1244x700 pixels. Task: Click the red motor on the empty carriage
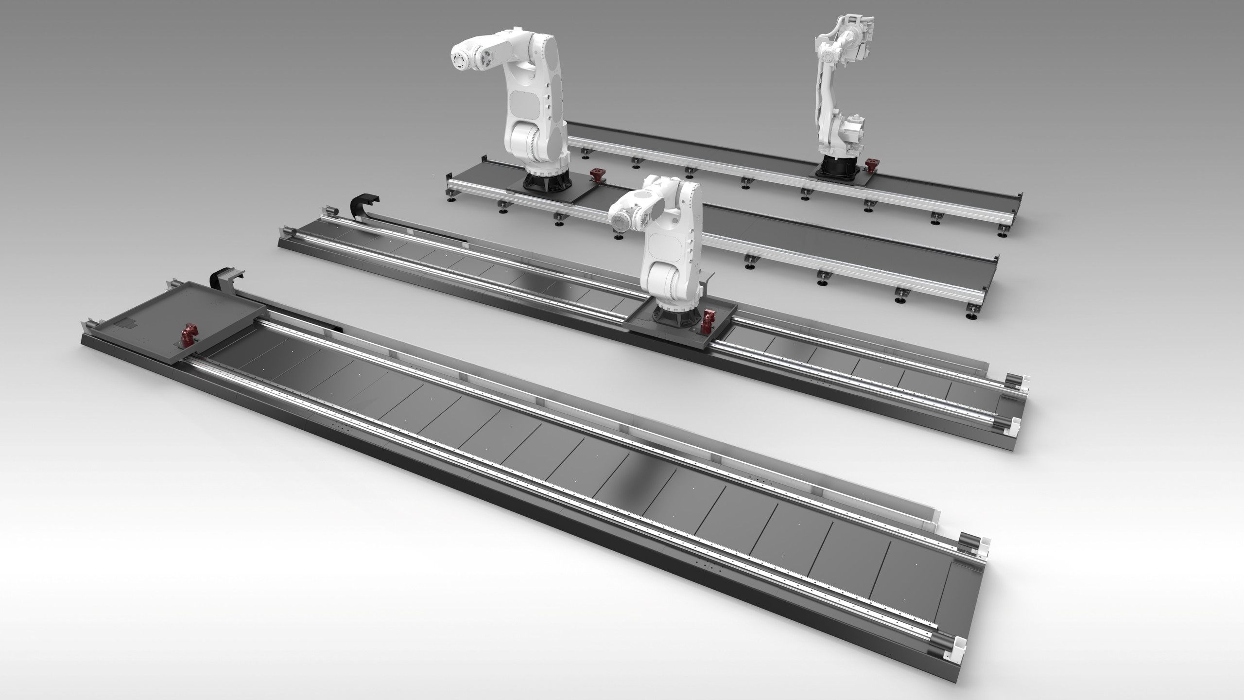(187, 335)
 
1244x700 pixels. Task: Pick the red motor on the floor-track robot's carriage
(705, 321)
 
